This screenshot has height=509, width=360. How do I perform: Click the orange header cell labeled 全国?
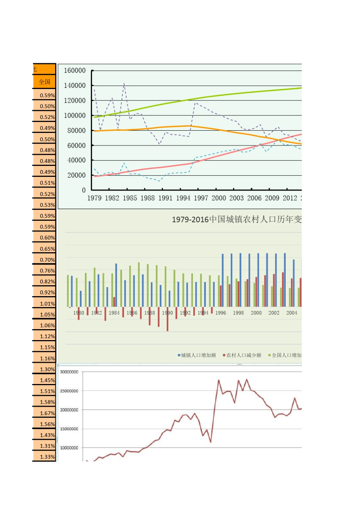tap(44, 82)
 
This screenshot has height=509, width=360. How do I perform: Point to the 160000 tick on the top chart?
tap(75, 70)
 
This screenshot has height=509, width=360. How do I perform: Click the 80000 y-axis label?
tap(76, 130)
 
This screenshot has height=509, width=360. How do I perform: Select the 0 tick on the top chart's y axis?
tap(84, 190)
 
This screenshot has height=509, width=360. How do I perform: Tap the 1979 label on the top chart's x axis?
tap(94, 198)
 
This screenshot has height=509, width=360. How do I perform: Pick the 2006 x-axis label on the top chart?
tap(254, 198)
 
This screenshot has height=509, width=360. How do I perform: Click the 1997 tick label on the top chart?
tap(201, 198)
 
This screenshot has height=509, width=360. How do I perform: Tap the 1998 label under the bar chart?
tap(238, 313)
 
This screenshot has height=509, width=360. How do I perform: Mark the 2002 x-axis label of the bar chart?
tap(274, 313)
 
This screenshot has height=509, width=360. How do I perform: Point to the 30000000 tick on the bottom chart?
tap(69, 372)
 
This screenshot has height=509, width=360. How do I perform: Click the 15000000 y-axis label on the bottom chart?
tap(69, 429)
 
